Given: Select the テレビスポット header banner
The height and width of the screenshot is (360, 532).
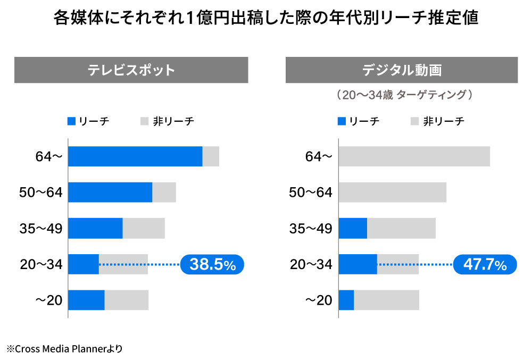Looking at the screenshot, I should [131, 70].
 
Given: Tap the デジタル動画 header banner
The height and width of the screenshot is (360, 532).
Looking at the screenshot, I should [402, 70].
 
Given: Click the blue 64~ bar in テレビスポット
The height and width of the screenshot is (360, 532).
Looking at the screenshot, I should [135, 156].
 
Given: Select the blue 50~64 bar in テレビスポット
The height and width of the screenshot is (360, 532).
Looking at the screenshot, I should [110, 192].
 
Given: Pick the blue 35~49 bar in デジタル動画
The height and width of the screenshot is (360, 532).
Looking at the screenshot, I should [353, 228].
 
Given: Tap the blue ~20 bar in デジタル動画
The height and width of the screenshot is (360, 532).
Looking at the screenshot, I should [346, 300].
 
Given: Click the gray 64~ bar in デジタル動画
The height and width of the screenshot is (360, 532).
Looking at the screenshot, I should [414, 156].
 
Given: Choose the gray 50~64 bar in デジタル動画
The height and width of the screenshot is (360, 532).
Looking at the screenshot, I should [392, 192].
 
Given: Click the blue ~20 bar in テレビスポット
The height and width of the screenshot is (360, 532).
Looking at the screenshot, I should [86, 300].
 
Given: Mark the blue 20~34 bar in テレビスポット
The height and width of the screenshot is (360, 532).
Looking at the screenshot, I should [84, 264].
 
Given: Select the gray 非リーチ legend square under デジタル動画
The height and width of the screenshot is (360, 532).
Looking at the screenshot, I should [415, 121].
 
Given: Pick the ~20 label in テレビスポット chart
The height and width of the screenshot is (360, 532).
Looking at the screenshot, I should [49, 300].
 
